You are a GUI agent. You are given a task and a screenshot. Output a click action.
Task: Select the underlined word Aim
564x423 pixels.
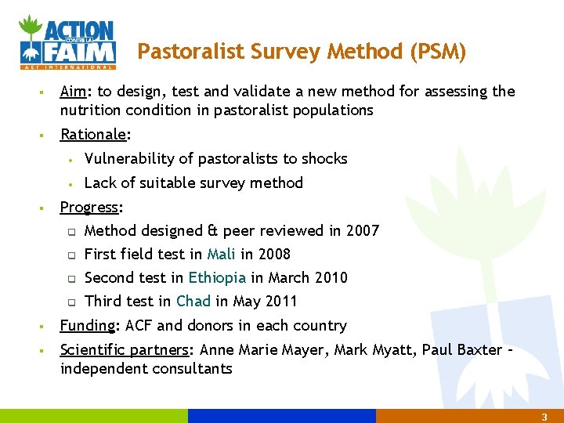click(x=72, y=92)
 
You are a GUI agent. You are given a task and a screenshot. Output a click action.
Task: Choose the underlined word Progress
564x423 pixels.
click(x=90, y=208)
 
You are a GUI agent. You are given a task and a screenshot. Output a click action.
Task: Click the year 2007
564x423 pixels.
click(x=362, y=231)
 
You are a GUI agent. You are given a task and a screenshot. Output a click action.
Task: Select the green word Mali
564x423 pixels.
click(x=222, y=255)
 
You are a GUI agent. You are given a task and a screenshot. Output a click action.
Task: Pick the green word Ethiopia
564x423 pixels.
click(x=217, y=278)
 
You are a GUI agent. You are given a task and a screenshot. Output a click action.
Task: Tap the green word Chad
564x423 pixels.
click(x=193, y=302)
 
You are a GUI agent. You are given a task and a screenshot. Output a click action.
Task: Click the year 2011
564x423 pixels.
click(x=280, y=302)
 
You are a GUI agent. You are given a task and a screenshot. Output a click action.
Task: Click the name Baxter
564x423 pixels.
click(x=476, y=349)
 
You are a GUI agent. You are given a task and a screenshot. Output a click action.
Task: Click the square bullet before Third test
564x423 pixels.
click(x=70, y=302)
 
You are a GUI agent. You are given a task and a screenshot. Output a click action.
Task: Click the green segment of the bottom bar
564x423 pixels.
click(x=94, y=416)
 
